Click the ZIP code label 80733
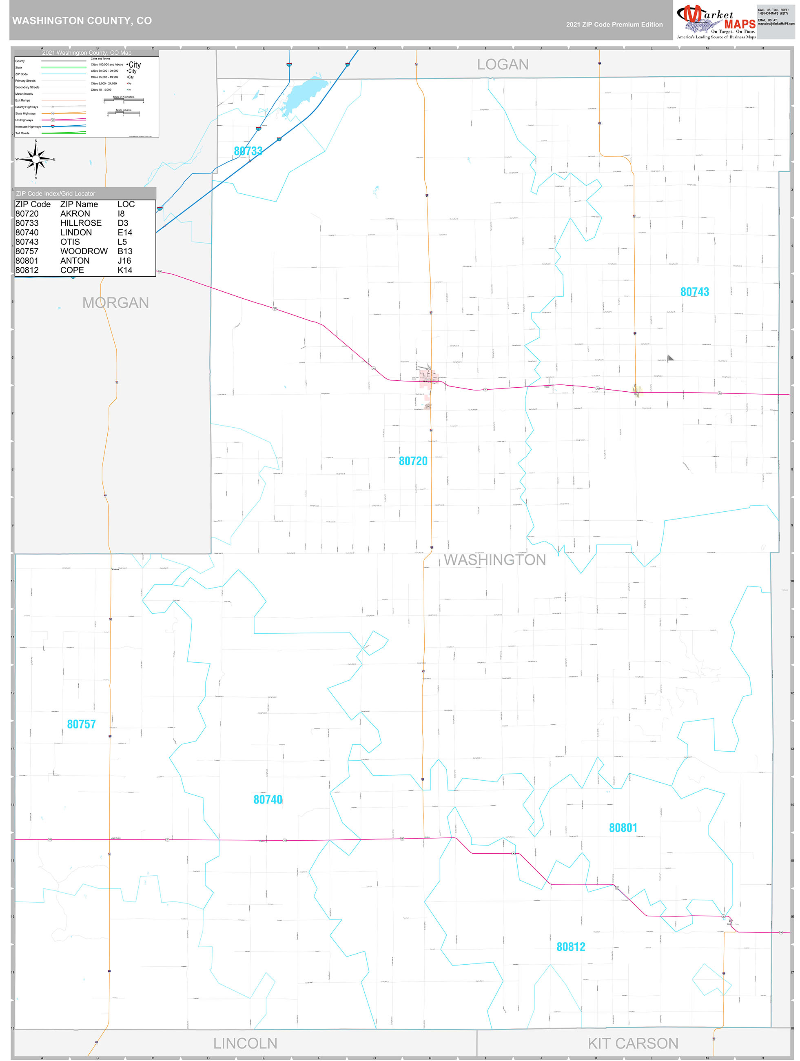click(x=248, y=151)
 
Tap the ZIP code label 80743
click(x=694, y=292)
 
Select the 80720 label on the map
click(x=413, y=461)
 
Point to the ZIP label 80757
click(x=81, y=724)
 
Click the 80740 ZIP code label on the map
click(x=268, y=799)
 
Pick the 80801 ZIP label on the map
click(x=623, y=828)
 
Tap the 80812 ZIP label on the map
click(x=571, y=947)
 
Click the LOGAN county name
click(x=502, y=64)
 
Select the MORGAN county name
click(x=115, y=303)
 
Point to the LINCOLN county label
click(x=245, y=1043)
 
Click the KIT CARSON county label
click(x=633, y=1043)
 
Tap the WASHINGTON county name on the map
click(x=494, y=560)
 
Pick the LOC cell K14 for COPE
click(x=125, y=270)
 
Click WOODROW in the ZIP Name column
click(x=84, y=251)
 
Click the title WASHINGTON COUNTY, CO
click(x=82, y=21)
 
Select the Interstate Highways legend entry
click(x=28, y=127)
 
